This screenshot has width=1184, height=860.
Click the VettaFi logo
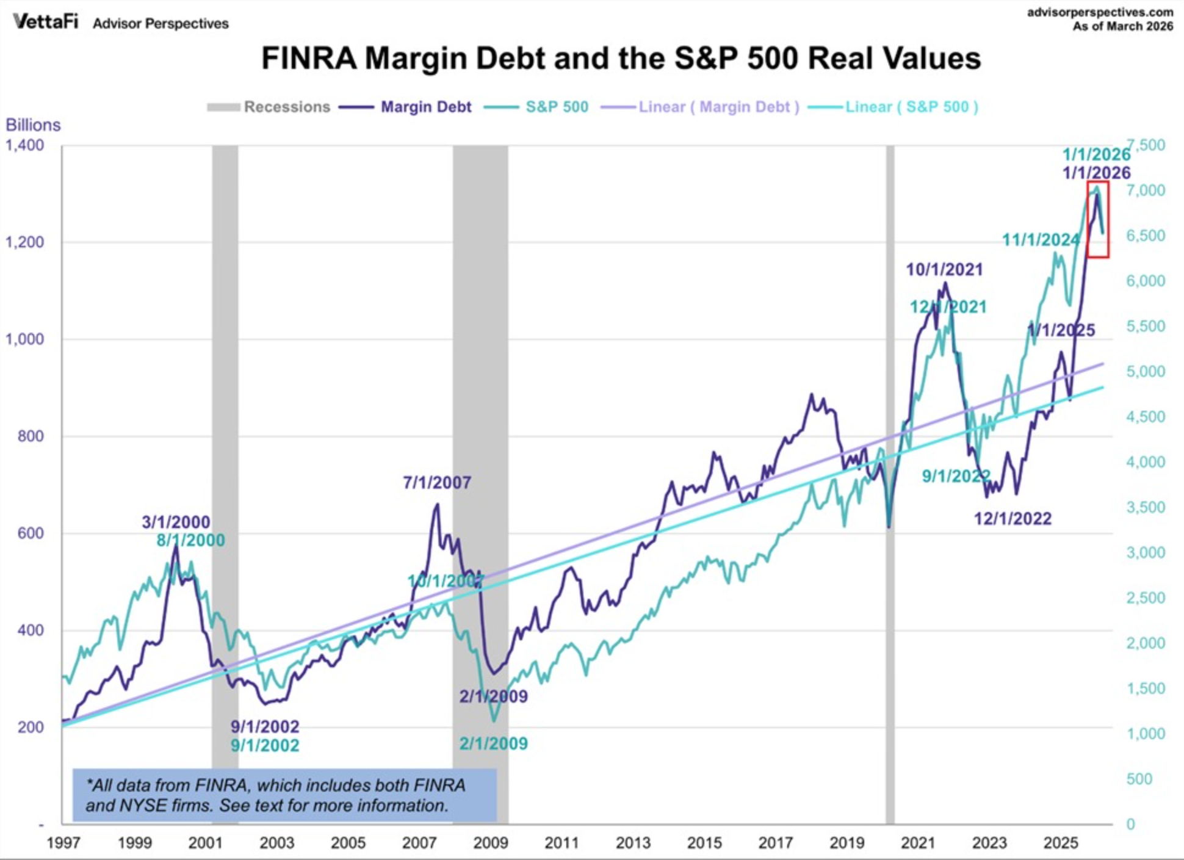tap(46, 22)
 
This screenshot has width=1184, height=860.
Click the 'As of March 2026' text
tap(1123, 26)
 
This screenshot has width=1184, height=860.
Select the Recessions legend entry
tap(269, 107)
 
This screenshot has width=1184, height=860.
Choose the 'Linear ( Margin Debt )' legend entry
tap(700, 107)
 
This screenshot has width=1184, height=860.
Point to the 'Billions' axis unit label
tap(33, 125)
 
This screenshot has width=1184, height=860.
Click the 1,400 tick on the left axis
tap(25, 145)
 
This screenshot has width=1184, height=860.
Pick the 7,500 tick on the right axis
tap(1146, 145)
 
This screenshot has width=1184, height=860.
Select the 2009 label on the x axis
tap(491, 843)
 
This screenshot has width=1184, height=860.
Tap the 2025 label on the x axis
tap(1061, 843)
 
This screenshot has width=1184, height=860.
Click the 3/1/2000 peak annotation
tap(176, 522)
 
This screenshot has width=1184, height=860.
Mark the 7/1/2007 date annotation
tap(437, 483)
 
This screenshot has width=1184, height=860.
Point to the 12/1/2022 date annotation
tap(1013, 519)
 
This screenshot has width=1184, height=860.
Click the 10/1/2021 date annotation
tap(944, 269)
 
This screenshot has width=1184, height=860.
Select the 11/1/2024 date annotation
tap(1041, 240)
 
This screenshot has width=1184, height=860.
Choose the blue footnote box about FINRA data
tap(284, 795)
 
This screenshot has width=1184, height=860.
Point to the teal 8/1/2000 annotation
tap(190, 540)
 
